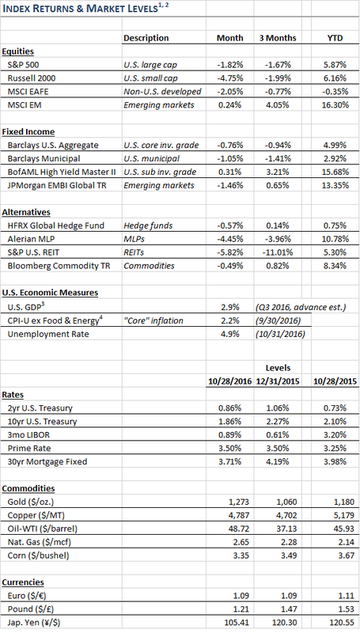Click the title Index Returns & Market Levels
(80, 8)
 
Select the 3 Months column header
(278, 38)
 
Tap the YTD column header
(335, 38)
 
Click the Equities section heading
(17, 51)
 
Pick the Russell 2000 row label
(32, 78)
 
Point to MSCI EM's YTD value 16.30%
(335, 105)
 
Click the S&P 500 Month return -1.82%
(230, 65)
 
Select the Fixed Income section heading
(28, 131)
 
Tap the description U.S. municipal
(151, 158)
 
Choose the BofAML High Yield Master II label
(62, 172)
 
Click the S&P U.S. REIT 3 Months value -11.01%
(278, 252)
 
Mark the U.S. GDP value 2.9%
(230, 307)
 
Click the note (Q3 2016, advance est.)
(301, 307)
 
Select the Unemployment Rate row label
(48, 334)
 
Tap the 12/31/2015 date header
(278, 381)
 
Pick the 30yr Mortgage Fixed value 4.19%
(278, 461)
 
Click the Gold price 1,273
(239, 502)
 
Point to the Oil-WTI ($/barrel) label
(43, 529)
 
